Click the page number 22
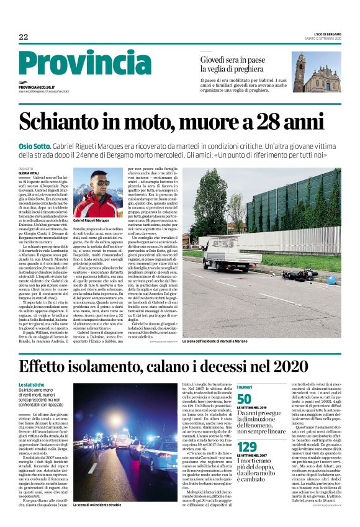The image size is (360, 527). coord(24,37)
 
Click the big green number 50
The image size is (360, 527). coord(244,400)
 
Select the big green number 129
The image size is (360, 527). coord(246,447)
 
